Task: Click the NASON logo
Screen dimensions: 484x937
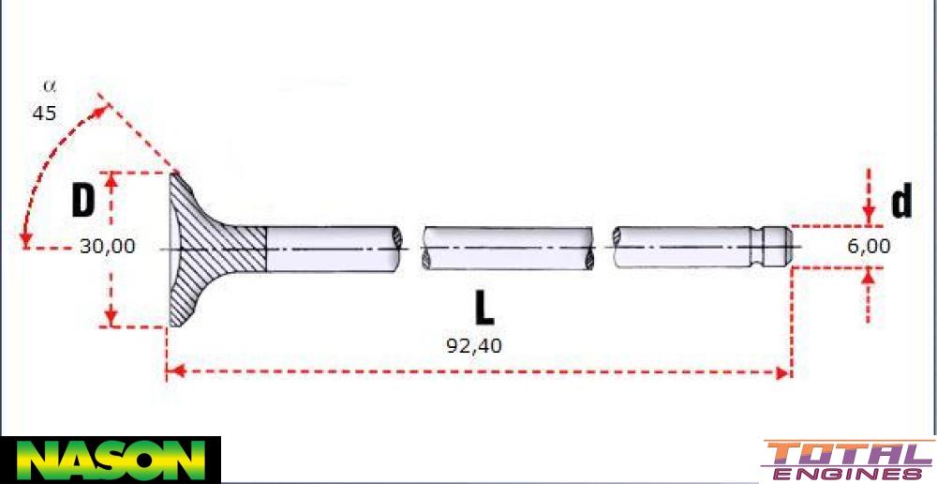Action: [x=110, y=460]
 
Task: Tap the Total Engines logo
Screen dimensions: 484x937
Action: [x=848, y=461]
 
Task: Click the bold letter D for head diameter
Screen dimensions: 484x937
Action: [x=84, y=201]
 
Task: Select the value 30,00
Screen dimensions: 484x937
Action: [x=107, y=247]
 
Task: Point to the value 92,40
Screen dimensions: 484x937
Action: [x=474, y=345]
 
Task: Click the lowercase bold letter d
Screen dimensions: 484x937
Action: [x=900, y=201]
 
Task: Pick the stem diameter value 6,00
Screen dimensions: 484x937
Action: [x=867, y=247]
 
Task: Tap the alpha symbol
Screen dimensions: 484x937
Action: [x=50, y=85]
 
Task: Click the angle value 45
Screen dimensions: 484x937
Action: [x=44, y=113]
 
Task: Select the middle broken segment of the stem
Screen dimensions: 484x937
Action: [x=507, y=249]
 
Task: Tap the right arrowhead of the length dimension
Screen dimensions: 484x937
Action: [x=785, y=373]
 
